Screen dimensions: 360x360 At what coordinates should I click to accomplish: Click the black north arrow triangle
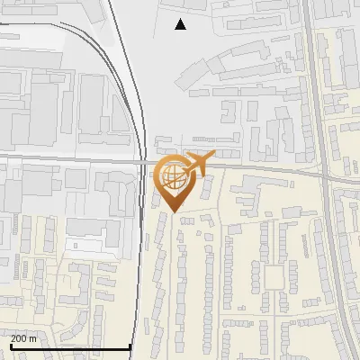(x=181, y=24)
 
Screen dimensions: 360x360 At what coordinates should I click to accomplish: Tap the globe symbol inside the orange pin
(x=173, y=177)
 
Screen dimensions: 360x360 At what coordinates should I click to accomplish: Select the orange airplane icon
(x=200, y=164)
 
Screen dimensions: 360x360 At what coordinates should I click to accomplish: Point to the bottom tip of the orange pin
(x=173, y=212)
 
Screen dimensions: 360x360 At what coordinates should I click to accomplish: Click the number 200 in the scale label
(x=20, y=338)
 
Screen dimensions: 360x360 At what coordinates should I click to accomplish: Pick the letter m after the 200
(x=34, y=338)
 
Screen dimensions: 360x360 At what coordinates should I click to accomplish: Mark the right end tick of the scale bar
(x=131, y=346)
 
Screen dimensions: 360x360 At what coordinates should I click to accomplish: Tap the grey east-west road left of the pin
(x=72, y=159)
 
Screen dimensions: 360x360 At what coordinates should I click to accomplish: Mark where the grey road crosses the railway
(x=144, y=162)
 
